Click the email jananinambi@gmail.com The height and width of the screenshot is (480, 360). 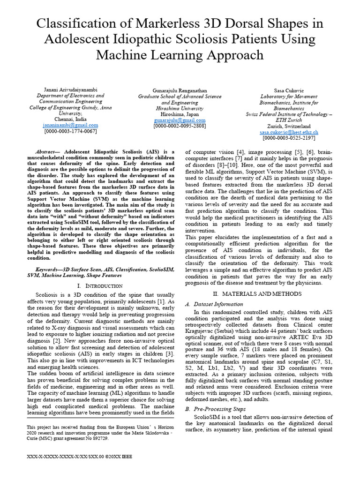[x=70, y=125]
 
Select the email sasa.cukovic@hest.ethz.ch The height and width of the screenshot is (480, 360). [x=289, y=133]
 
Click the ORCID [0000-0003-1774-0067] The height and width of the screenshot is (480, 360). [x=70, y=131]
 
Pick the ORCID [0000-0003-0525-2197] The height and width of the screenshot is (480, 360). [x=289, y=138]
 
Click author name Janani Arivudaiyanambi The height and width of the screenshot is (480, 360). [x=70, y=90]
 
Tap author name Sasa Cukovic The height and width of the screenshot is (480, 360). [x=289, y=90]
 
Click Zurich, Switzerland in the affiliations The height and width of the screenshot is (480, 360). [x=289, y=126]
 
